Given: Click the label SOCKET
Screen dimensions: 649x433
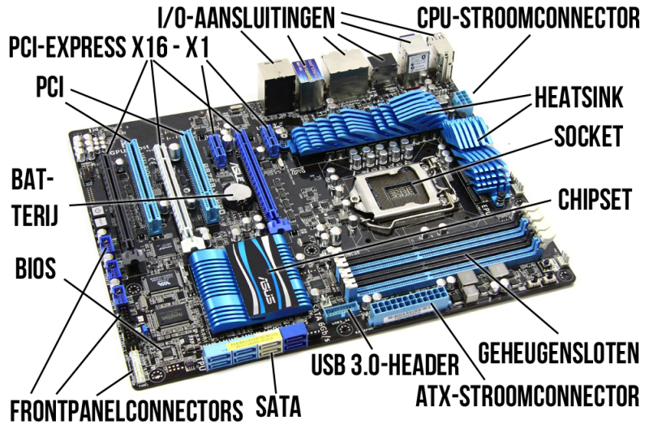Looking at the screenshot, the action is point(588,136).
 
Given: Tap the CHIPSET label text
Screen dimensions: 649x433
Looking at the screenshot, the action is point(595,199).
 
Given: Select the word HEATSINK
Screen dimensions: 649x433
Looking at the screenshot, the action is point(578,97).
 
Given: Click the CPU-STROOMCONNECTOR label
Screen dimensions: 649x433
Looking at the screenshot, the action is point(528,18).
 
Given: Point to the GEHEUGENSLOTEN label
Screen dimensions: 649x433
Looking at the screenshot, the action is point(558,353).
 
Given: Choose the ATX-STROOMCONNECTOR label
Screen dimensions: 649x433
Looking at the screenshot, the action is point(527,396).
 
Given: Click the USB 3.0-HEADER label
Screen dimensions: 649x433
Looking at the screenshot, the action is point(385,365).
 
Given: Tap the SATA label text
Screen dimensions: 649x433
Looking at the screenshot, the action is point(278,405).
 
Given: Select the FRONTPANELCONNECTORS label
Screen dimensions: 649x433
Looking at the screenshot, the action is point(127,410).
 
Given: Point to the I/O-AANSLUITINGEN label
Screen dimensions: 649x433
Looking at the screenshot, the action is point(247,18).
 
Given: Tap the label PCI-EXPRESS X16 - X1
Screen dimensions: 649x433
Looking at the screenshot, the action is point(109,47).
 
